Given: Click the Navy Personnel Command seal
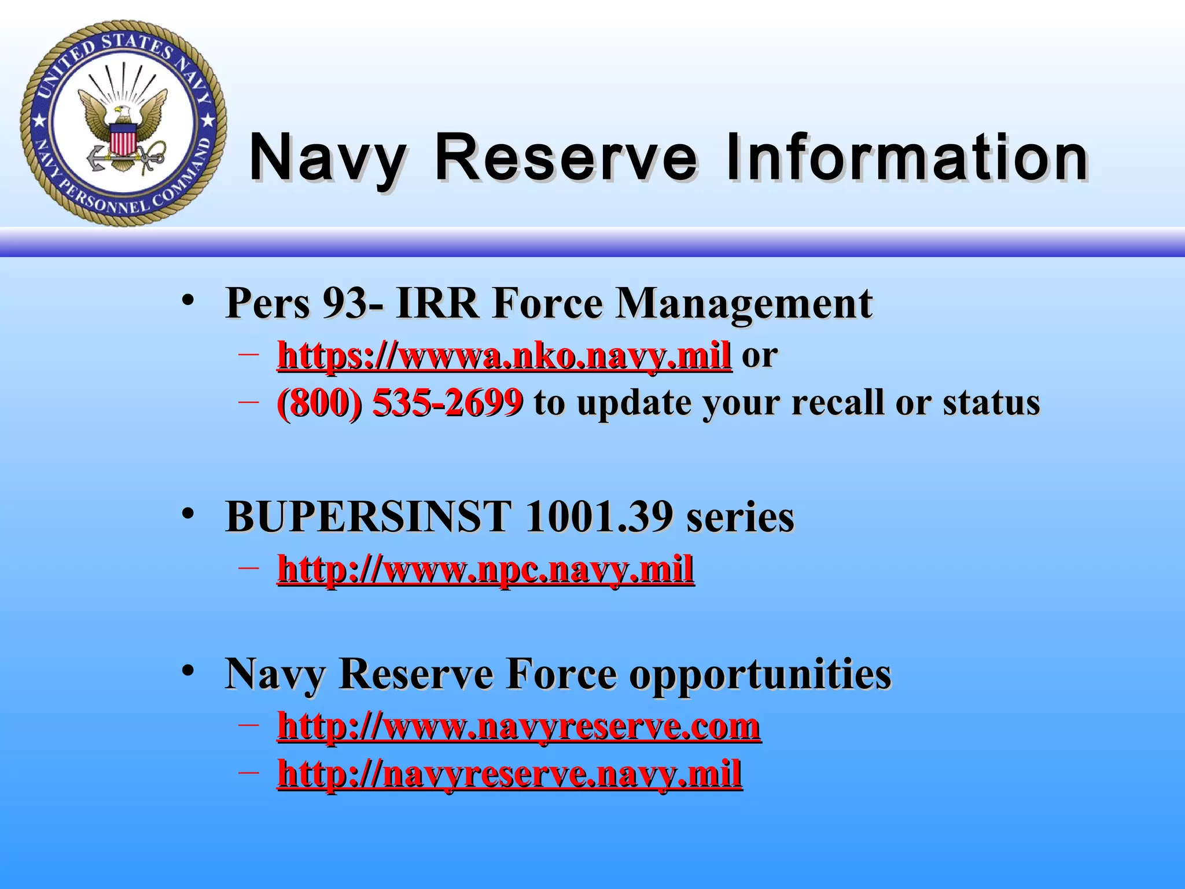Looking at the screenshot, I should (x=123, y=123).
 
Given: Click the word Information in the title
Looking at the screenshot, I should (x=907, y=157).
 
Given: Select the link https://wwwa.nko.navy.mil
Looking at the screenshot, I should (x=504, y=355).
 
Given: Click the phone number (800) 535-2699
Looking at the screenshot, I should (x=400, y=402).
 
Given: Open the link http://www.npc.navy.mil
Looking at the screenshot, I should (x=485, y=569).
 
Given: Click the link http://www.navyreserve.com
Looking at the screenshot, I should (x=519, y=726).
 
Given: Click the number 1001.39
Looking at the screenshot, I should (x=599, y=516).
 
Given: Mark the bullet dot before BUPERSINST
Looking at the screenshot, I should (x=187, y=513).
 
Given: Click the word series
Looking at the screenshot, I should (x=740, y=516).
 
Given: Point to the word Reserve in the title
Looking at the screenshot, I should (x=566, y=157).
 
